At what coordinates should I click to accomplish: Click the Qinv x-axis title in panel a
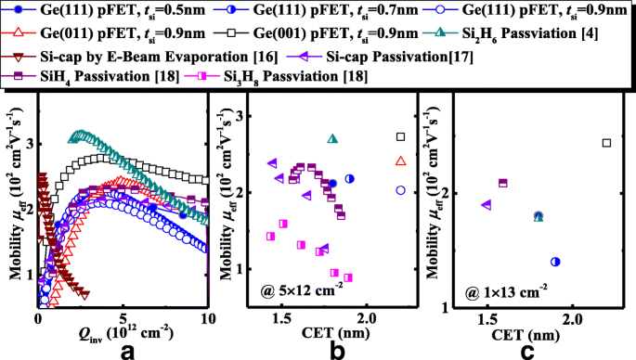[x=121, y=330]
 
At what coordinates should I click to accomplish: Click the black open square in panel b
[x=400, y=137]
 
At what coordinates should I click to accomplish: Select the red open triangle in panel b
[x=400, y=161]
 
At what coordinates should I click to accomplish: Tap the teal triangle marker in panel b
[x=333, y=139]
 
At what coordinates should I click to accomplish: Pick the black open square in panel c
[x=607, y=143]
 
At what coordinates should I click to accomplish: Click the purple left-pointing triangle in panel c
[x=486, y=205]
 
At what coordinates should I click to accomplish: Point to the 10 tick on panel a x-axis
[x=207, y=317]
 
